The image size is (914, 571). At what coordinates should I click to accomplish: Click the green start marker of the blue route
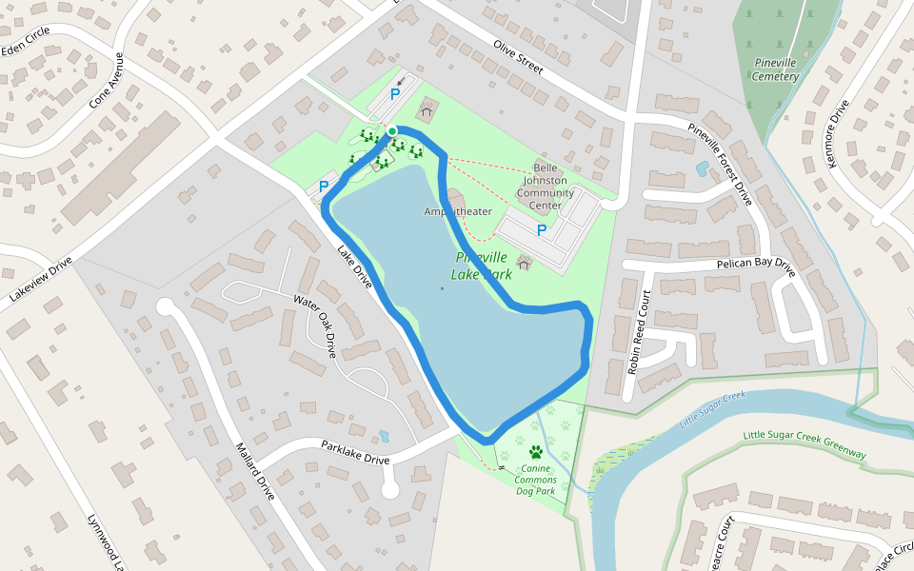click(x=391, y=131)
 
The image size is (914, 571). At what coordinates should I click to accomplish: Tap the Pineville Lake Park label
click(x=484, y=266)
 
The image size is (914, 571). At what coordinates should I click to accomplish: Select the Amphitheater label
click(x=458, y=211)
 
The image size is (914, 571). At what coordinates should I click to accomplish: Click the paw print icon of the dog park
click(x=536, y=452)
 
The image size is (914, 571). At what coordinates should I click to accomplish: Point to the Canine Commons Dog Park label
click(x=536, y=480)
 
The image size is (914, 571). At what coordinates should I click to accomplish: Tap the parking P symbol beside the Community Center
click(x=542, y=230)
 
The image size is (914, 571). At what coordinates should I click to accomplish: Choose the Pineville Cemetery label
click(x=775, y=69)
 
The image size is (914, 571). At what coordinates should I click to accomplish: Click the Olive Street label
click(x=518, y=57)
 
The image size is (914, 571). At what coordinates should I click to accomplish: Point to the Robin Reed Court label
click(x=638, y=331)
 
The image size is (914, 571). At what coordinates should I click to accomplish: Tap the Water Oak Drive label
click(x=315, y=325)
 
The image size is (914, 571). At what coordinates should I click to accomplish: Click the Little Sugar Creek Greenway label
click(x=805, y=446)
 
